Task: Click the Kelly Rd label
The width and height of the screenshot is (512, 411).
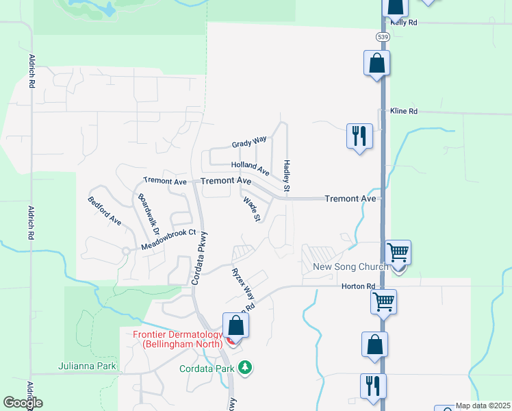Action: (x=403, y=23)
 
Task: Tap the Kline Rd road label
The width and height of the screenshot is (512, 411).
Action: (x=403, y=111)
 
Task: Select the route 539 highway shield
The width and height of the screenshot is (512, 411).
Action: (x=383, y=35)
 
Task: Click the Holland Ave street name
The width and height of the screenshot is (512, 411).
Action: (x=250, y=166)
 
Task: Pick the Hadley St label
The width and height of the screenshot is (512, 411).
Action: (x=287, y=176)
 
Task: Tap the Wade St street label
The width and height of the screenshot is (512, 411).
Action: (x=252, y=209)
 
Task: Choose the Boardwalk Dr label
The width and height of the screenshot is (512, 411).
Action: (x=148, y=214)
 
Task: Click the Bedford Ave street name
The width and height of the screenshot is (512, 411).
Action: (x=104, y=211)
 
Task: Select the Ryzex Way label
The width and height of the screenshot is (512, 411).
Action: (x=242, y=281)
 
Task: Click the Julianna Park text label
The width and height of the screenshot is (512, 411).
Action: (x=88, y=366)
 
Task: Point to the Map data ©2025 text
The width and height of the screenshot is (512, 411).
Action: (x=482, y=406)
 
